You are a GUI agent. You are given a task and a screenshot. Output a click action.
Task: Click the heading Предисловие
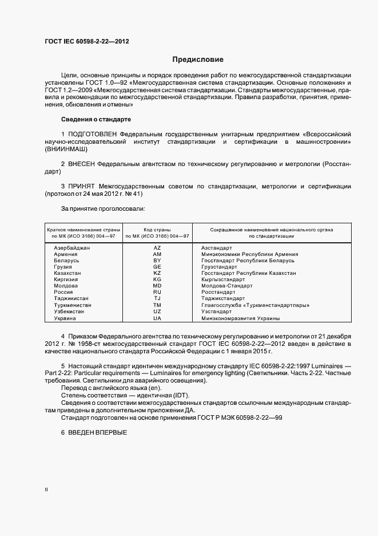198,60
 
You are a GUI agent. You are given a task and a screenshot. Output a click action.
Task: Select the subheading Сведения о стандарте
96,119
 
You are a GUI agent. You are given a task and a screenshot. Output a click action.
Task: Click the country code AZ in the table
157,247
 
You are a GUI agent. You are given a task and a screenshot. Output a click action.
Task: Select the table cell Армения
66,254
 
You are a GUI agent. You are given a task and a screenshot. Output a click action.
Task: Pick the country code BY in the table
157,260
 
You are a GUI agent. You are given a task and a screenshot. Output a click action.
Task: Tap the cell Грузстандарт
219,267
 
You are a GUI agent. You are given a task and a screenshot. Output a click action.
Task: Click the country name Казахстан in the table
67,273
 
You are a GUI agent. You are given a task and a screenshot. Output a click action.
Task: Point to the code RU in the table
157,292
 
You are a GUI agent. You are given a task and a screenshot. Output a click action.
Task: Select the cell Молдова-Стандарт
223,286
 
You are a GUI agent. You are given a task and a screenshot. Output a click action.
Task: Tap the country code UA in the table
157,318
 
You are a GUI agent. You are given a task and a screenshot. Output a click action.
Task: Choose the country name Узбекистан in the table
69,312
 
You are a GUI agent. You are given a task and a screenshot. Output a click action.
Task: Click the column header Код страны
157,229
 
